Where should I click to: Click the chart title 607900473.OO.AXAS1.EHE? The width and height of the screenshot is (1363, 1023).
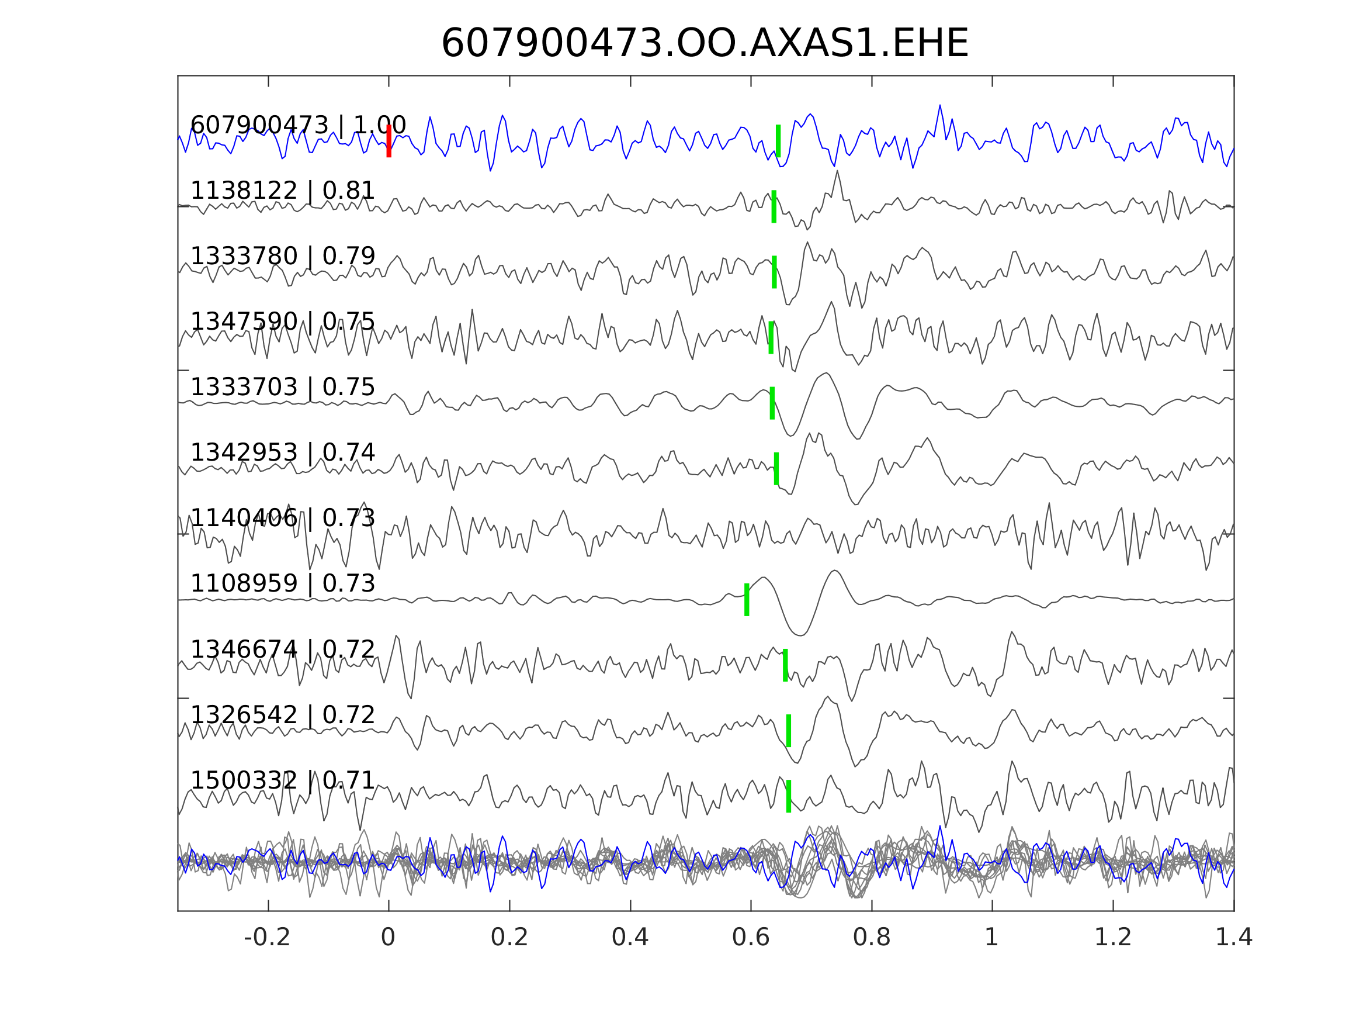(x=705, y=44)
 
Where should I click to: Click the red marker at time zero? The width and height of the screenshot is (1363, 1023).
(x=389, y=141)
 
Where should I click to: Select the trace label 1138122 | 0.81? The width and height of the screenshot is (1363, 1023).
(x=282, y=191)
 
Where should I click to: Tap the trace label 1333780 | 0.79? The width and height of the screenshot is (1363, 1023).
(x=282, y=256)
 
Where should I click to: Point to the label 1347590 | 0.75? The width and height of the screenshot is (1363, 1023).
(x=282, y=322)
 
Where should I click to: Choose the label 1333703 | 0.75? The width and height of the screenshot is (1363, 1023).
(x=282, y=387)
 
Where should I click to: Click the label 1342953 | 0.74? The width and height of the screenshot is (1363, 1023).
(x=282, y=452)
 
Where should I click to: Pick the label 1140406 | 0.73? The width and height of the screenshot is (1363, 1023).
(x=282, y=518)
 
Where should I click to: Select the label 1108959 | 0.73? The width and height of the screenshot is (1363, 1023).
(x=282, y=583)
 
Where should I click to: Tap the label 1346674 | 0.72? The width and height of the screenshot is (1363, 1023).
(x=282, y=650)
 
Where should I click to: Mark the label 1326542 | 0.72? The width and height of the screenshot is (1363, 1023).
(x=282, y=716)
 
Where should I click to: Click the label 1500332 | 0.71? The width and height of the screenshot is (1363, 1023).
(x=282, y=780)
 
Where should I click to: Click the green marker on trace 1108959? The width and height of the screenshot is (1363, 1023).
(x=747, y=599)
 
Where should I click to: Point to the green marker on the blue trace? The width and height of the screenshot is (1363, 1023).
(x=778, y=141)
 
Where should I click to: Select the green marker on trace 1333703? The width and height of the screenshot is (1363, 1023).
(x=772, y=403)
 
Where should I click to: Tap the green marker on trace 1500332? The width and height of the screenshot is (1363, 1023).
(x=789, y=796)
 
